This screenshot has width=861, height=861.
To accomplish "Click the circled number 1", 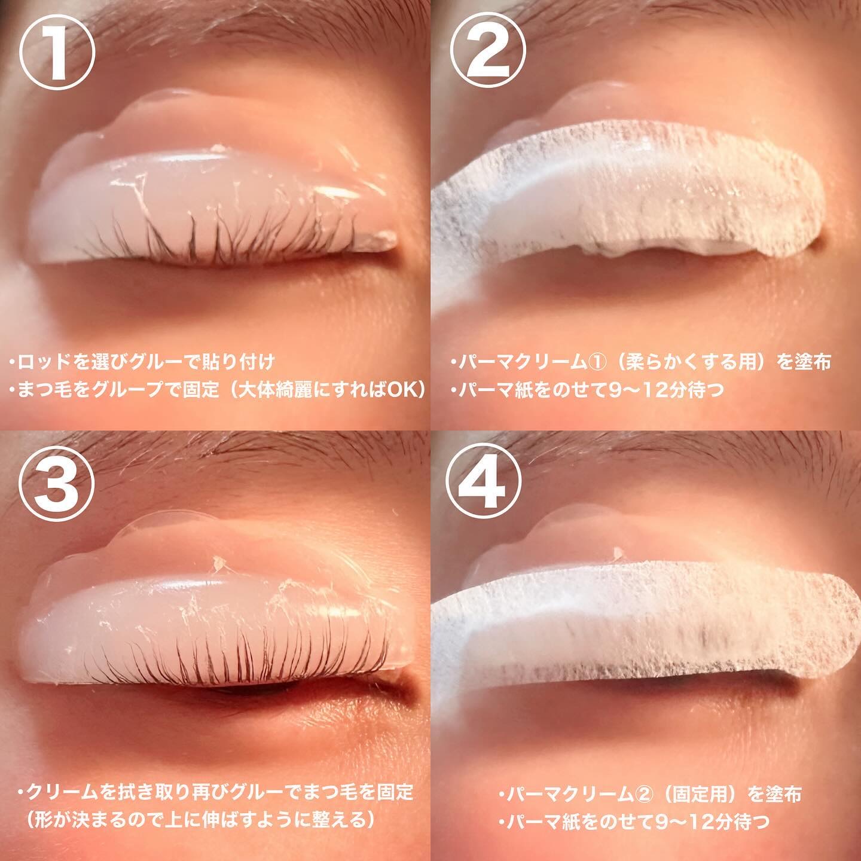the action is pos(57,52).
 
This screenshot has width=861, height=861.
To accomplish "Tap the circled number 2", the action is pos(487,50).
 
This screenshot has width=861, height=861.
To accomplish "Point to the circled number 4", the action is pos(484,477).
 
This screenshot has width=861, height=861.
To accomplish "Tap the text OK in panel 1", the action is pos(401,390).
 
